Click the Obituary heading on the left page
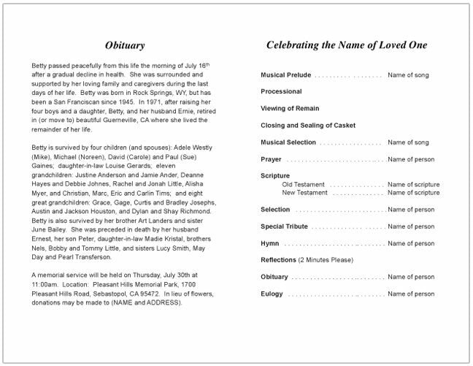click(125, 45)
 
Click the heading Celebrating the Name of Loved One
click(346, 45)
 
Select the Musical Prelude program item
click(285, 75)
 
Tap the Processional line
click(281, 92)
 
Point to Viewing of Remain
click(291, 109)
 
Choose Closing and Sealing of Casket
click(308, 126)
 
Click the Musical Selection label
click(288, 142)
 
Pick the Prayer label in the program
click(271, 159)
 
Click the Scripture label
click(275, 176)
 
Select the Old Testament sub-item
click(304, 185)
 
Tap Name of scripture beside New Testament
click(413, 193)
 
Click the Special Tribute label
click(284, 226)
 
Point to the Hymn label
click(270, 243)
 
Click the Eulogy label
click(272, 294)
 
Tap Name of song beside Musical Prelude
click(408, 75)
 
